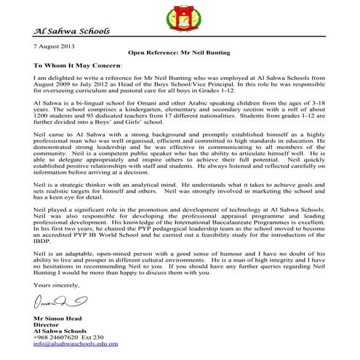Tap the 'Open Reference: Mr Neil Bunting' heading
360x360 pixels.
coord(179,53)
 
